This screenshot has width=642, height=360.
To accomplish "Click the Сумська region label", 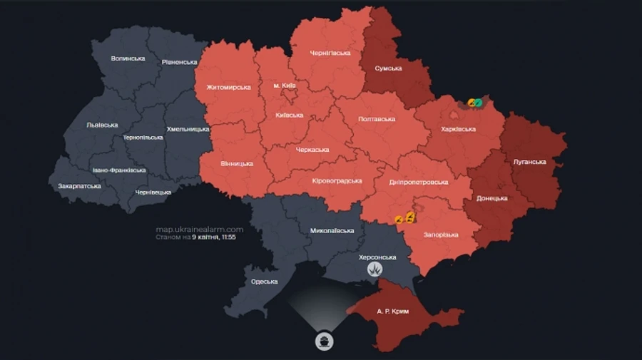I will tap(389, 69).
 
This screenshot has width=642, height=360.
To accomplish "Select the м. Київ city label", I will tap(285, 86).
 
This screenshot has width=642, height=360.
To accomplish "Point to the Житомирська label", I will tap(228, 88).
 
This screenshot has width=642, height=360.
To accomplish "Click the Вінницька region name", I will tap(236, 163).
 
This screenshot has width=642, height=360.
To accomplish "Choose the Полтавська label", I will tap(376, 119).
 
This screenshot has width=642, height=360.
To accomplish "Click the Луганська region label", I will tap(529, 162).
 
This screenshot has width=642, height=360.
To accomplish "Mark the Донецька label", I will tap(492, 197).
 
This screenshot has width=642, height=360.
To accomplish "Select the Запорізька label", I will tap(439, 235).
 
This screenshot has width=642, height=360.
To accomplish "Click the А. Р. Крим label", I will tap(393, 312).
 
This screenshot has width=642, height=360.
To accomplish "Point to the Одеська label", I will tap(265, 282).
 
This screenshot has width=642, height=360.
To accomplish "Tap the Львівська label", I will tap(102, 125).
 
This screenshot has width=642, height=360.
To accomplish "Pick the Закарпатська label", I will tap(79, 186).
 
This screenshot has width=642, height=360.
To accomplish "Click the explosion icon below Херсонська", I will tap(375, 269).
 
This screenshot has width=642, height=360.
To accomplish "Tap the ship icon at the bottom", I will tap(324, 341).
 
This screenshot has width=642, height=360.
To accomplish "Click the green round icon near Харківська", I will tap(478, 103).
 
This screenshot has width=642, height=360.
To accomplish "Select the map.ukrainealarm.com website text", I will tap(200, 229).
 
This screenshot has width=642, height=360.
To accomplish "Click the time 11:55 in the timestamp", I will tap(228, 237).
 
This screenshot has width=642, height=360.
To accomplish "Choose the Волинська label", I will tap(128, 58).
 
